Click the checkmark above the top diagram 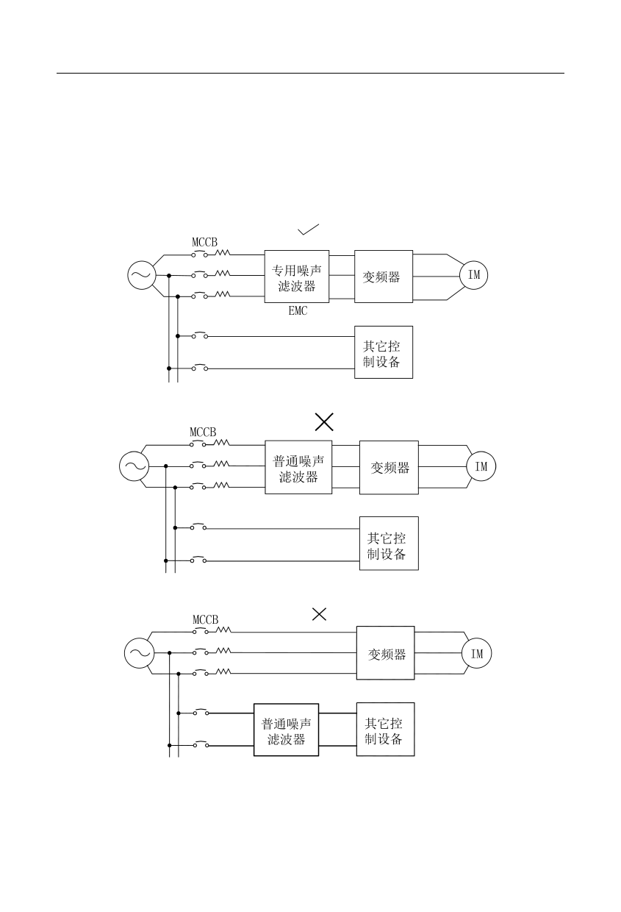pyautogui.click(x=308, y=229)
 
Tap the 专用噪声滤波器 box pyautogui.click(x=297, y=277)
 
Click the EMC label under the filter pyautogui.click(x=298, y=311)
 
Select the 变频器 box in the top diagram pyautogui.click(x=383, y=277)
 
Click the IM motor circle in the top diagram pyautogui.click(x=474, y=275)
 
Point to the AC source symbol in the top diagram pyautogui.click(x=140, y=276)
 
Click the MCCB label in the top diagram pyautogui.click(x=205, y=242)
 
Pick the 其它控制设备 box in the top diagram pyautogui.click(x=383, y=352)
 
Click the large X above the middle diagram pyautogui.click(x=324, y=421)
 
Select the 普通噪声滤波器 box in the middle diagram pyautogui.click(x=298, y=467)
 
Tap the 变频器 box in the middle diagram pyautogui.click(x=389, y=467)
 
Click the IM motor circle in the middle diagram pyautogui.click(x=481, y=466)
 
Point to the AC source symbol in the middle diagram pyautogui.click(x=134, y=466)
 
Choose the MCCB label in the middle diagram pyautogui.click(x=203, y=432)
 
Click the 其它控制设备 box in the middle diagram pyautogui.click(x=388, y=544)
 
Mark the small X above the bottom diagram pyautogui.click(x=319, y=614)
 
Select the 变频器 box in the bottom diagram pyautogui.click(x=386, y=653)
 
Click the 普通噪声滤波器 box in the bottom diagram pyautogui.click(x=287, y=730)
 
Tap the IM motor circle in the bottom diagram pyautogui.click(x=477, y=654)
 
